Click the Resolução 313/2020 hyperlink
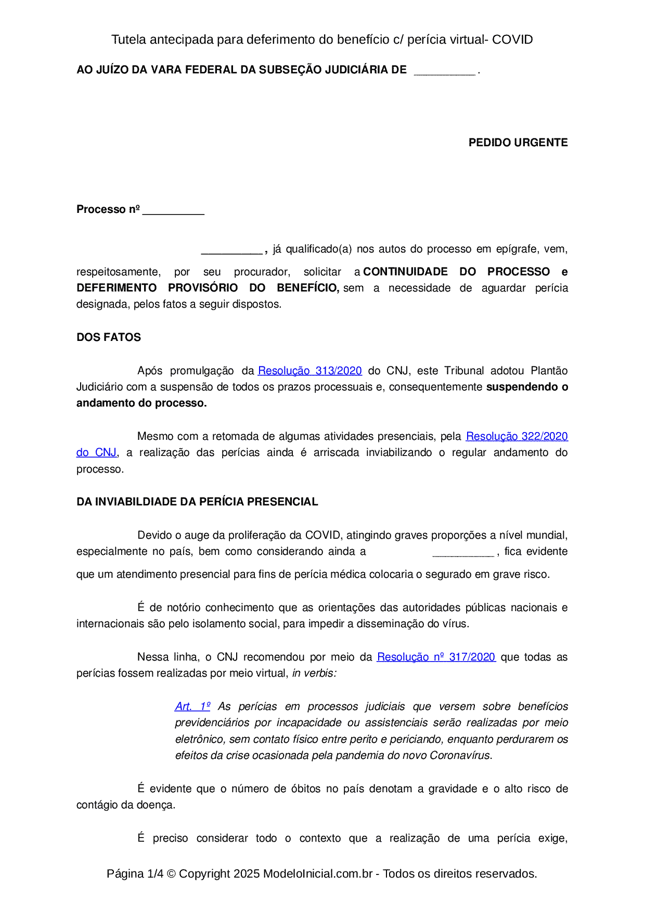(x=309, y=371)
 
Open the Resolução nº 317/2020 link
(x=436, y=657)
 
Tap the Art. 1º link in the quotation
(x=192, y=706)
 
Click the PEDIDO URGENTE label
(x=518, y=143)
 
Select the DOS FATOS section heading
(x=109, y=337)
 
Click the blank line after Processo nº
(x=173, y=211)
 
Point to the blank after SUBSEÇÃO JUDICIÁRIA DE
(x=444, y=71)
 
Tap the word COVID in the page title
(x=512, y=40)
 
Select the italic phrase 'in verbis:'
(x=314, y=673)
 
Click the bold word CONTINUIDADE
(x=405, y=272)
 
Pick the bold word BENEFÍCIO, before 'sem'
(x=307, y=288)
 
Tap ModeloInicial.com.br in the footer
(x=317, y=873)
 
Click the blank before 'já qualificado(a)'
(x=231, y=250)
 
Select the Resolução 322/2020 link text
(x=517, y=436)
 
